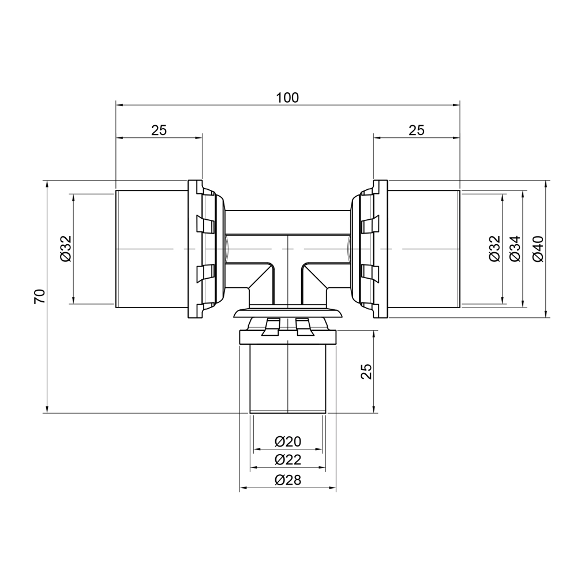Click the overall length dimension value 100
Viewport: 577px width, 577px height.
click(287, 98)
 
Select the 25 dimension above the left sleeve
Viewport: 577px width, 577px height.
click(159, 130)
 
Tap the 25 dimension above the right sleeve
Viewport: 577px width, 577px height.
click(417, 130)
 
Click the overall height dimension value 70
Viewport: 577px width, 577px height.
click(39, 297)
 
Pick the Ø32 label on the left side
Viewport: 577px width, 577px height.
click(65, 248)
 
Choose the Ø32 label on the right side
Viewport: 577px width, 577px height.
click(494, 248)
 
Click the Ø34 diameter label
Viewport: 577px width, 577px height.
click(515, 248)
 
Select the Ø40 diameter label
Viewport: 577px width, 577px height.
click(537, 248)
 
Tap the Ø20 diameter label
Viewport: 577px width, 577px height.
click(288, 441)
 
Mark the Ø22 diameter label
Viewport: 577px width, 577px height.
click(288, 460)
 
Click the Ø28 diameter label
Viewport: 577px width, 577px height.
click(288, 480)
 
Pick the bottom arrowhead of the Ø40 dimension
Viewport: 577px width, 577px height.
click(546, 314)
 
